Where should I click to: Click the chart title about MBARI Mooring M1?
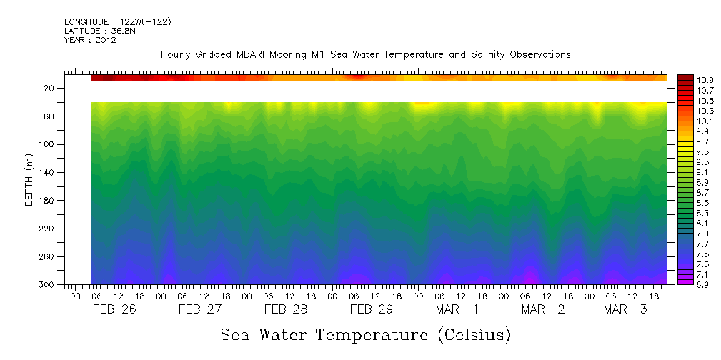[365, 54]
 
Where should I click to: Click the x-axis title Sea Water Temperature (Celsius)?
[365, 334]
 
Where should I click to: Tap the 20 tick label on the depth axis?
[50, 89]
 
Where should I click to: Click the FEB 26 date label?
[114, 309]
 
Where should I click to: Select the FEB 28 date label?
[286, 309]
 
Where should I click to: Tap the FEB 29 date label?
[372, 309]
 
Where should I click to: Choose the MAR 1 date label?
[457, 309]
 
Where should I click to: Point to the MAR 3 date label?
[625, 309]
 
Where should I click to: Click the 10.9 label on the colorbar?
[706, 80]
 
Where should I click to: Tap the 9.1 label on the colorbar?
[706, 172]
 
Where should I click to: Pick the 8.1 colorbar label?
[706, 224]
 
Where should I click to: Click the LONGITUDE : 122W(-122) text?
[117, 21]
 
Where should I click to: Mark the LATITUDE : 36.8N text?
[99, 31]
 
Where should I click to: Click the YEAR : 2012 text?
[90, 40]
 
